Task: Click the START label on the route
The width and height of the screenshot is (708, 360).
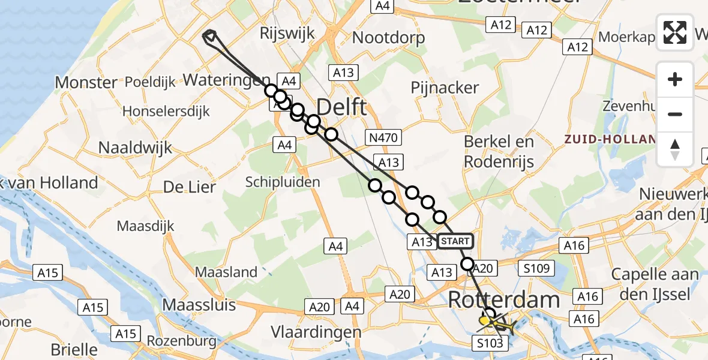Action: (455, 241)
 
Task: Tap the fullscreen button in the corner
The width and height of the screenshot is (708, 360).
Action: (675, 32)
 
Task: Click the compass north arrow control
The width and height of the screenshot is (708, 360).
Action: (675, 149)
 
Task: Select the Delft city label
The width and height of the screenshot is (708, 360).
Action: (341, 108)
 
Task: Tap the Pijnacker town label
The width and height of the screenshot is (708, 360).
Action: (445, 88)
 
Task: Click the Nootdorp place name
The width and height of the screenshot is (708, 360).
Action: (388, 37)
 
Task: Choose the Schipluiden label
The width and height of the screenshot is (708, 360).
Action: (282, 182)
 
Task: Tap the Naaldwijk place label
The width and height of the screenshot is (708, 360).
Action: (135, 148)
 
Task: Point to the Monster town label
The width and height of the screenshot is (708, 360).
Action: (86, 82)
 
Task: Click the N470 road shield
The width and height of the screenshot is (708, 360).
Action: (383, 138)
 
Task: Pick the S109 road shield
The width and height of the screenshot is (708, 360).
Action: (537, 268)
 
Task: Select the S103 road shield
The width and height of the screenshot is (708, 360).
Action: (490, 343)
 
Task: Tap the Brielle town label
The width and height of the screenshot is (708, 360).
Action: (74, 349)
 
